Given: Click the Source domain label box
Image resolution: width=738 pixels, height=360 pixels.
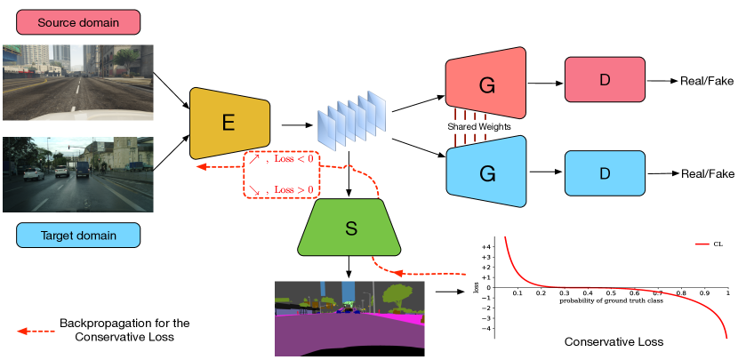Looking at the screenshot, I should (x=78, y=21).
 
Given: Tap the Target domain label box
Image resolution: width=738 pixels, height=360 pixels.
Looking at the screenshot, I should (x=78, y=235).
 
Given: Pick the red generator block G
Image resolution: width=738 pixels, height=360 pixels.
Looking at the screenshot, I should (x=486, y=84).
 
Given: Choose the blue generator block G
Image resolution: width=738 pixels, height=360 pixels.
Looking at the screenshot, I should (x=486, y=173).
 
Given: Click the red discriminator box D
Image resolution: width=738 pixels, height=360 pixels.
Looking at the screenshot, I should (x=605, y=81).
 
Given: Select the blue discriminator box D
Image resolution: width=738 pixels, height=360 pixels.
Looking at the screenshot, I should (x=605, y=173).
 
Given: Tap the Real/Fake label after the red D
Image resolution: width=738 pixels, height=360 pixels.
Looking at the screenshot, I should (x=707, y=81).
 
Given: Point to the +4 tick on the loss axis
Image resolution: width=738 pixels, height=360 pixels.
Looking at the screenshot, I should (x=486, y=246).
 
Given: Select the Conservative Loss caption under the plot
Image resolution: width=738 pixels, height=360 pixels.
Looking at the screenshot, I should (x=614, y=342).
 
